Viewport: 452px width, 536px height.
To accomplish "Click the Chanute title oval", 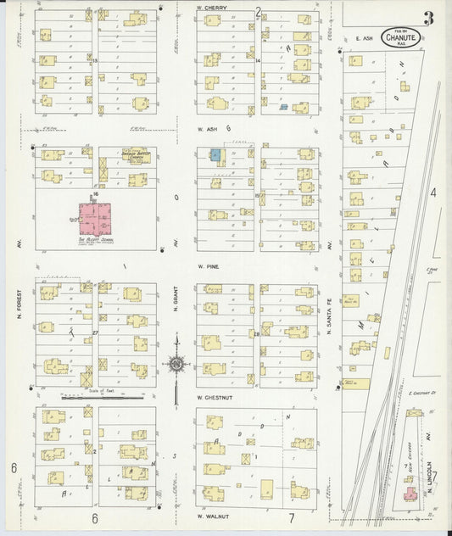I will tap(400, 36).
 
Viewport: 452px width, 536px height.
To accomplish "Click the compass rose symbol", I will tap(176, 365).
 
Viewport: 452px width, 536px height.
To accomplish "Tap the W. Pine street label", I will tap(209, 265).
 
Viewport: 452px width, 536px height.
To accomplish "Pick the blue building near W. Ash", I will tap(215, 155).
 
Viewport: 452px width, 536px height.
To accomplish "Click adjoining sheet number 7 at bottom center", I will tap(289, 517).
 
